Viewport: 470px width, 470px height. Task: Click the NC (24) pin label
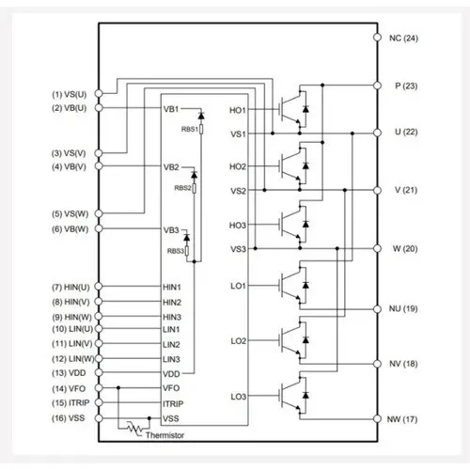pos(403,39)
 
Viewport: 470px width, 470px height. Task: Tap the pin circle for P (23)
pos(377,86)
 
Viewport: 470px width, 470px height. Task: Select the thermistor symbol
pos(135,429)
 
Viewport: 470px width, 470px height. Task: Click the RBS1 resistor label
pos(190,129)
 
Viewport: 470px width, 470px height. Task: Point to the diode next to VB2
pos(194,175)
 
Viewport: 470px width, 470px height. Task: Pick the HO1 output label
pos(238,110)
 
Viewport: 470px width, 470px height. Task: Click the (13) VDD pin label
pos(69,373)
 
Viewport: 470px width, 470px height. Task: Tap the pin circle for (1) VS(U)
pos(99,93)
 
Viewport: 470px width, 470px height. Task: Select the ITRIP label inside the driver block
pos(173,404)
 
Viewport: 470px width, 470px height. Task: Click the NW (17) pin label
pos(402,419)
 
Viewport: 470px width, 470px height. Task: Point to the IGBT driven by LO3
pos(293,396)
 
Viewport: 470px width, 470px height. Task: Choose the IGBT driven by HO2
pos(293,166)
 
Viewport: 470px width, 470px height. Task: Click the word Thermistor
pos(164,435)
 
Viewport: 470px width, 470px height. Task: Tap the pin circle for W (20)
pos(377,248)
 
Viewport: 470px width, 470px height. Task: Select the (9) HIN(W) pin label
pos(71,317)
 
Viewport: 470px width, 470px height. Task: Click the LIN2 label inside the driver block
pos(171,345)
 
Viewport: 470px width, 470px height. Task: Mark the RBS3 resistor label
pos(176,251)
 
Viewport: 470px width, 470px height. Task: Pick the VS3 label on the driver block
pos(239,249)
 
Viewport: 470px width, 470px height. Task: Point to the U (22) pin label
pos(406,132)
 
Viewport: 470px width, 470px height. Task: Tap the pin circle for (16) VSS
pos(99,418)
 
